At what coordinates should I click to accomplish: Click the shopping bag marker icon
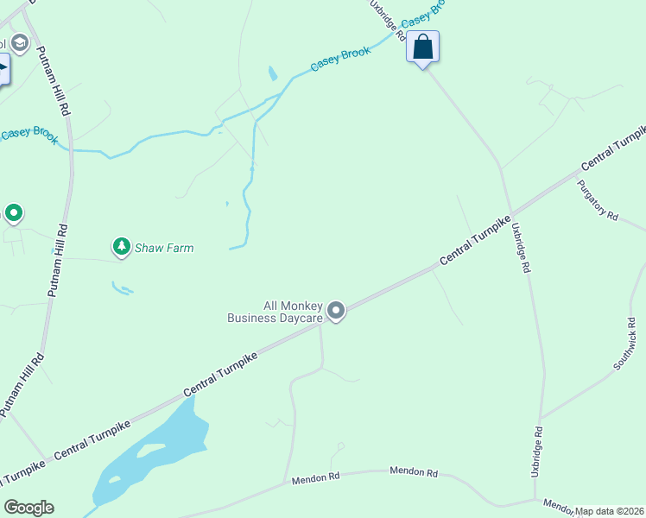pyautogui.click(x=423, y=47)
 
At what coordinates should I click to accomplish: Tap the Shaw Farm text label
pyautogui.click(x=164, y=248)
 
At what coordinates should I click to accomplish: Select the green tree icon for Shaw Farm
pyautogui.click(x=122, y=247)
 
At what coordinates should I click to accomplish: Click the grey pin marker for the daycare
pyautogui.click(x=337, y=311)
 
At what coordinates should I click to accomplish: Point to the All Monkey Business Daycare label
pyautogui.click(x=275, y=312)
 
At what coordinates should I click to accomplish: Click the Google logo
pyautogui.click(x=28, y=508)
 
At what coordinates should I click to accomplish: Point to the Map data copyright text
pyautogui.click(x=610, y=511)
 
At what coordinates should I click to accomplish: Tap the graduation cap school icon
pyautogui.click(x=19, y=43)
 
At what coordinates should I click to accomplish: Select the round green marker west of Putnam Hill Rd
pyautogui.click(x=13, y=212)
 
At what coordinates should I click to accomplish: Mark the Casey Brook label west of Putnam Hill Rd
pyautogui.click(x=29, y=133)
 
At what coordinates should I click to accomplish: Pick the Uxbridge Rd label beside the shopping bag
pyautogui.click(x=388, y=20)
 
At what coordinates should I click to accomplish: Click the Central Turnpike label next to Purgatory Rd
pyautogui.click(x=613, y=148)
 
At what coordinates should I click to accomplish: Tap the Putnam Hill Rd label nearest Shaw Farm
pyautogui.click(x=58, y=261)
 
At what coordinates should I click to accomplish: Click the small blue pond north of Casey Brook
pyautogui.click(x=273, y=74)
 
